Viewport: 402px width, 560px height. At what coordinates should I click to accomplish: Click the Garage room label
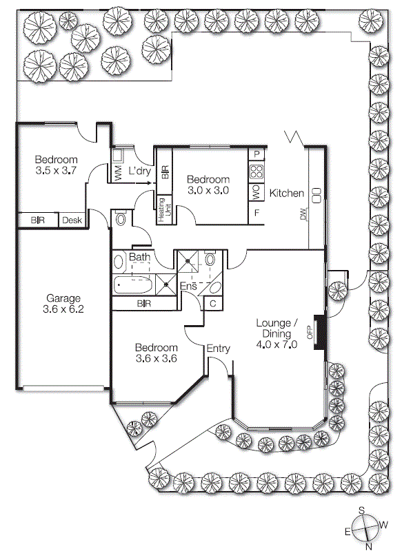point(63,298)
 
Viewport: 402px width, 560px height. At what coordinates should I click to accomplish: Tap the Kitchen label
point(286,194)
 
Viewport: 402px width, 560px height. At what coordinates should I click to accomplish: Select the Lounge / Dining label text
point(277,328)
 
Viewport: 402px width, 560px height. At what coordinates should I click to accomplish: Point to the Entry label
point(218,349)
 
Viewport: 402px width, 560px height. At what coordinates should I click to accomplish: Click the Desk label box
point(72,220)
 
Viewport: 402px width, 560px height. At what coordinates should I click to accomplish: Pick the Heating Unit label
point(165,210)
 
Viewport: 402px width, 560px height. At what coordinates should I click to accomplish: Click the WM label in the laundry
point(118,173)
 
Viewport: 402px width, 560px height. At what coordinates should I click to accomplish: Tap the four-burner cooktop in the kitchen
point(257,172)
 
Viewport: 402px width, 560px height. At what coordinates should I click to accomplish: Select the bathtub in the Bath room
point(133,285)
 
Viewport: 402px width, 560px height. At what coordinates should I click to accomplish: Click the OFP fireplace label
point(310,333)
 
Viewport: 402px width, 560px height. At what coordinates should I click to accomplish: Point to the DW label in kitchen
point(303,214)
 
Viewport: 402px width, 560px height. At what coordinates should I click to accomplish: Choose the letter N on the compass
point(369,546)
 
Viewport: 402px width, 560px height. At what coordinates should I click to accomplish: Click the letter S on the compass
point(361,510)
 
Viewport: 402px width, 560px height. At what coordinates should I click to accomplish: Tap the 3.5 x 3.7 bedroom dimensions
point(56,170)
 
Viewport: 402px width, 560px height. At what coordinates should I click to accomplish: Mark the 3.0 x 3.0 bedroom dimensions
point(208,190)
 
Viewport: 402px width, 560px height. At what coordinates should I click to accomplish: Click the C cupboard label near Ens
point(213,304)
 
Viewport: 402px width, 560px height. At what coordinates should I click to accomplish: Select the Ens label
point(188,286)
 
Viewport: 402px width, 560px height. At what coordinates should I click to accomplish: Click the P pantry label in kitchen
point(257,154)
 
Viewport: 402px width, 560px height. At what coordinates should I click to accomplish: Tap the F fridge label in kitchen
point(257,214)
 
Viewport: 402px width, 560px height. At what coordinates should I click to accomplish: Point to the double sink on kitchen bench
point(317,196)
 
